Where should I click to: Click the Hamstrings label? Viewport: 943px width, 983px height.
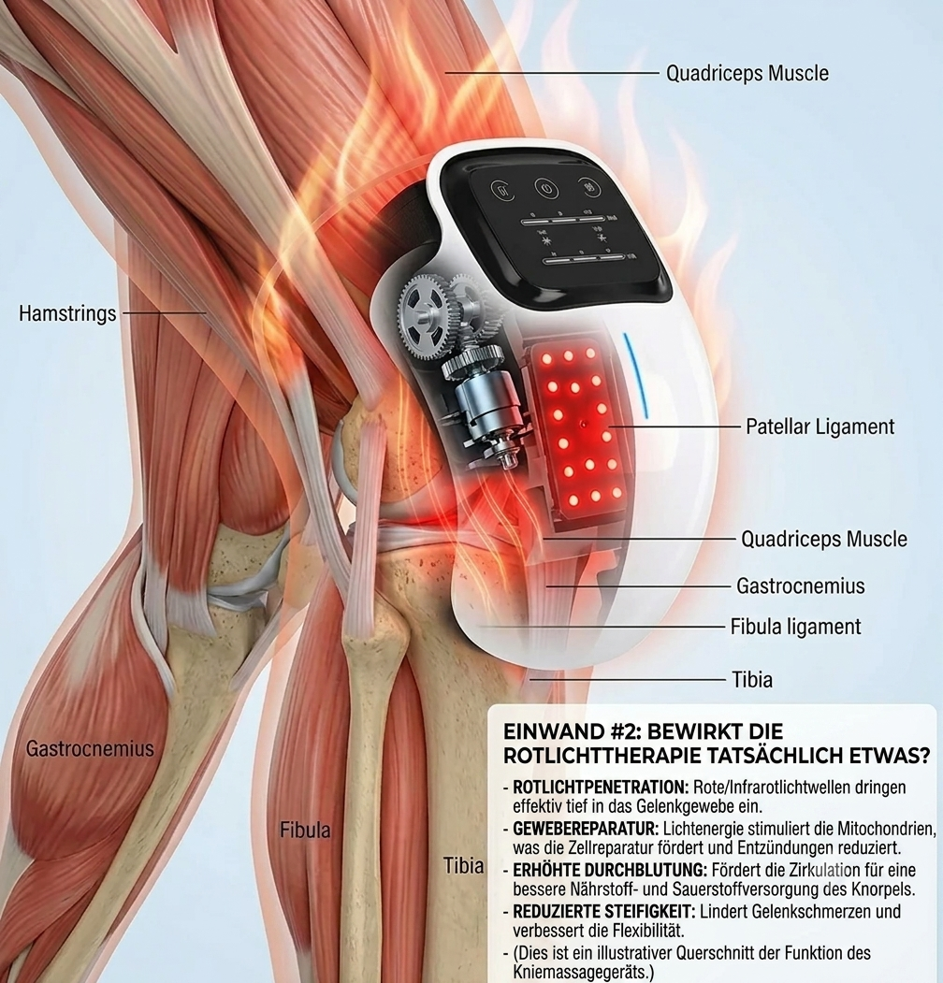click(67, 313)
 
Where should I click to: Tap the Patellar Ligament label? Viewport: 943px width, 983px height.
click(820, 426)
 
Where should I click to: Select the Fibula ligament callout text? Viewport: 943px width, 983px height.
click(795, 627)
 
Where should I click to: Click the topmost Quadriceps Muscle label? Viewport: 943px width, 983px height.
click(747, 73)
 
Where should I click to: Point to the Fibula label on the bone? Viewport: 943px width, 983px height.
click(305, 830)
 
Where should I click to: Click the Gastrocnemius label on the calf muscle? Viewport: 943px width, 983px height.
click(90, 748)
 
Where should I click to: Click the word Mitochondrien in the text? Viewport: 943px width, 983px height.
click(886, 829)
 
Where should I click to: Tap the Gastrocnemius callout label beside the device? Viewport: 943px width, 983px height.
click(800, 586)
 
